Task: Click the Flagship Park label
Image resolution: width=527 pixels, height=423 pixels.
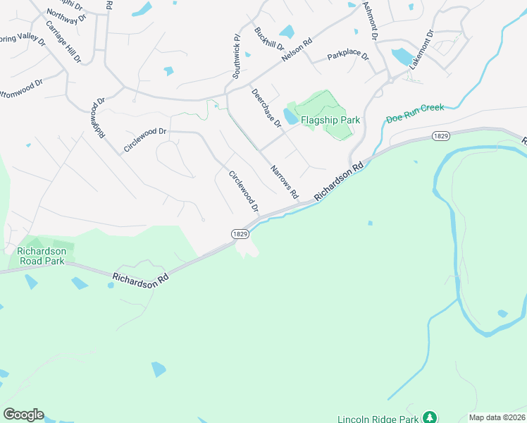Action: [x=330, y=120]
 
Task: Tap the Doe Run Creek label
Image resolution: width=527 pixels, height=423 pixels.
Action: [x=415, y=113]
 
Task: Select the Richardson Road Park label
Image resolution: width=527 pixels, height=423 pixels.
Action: [x=42, y=256]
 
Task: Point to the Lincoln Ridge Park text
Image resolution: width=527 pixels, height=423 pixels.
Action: [x=377, y=417]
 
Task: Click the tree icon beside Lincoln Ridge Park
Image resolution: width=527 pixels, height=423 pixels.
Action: [x=427, y=417]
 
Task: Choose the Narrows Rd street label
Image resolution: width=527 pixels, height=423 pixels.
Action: [x=285, y=181]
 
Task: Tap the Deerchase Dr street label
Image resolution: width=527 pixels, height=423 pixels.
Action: [x=266, y=108]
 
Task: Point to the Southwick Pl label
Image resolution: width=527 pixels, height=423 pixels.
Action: [x=237, y=54]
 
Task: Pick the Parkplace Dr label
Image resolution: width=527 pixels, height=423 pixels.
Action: [x=348, y=56]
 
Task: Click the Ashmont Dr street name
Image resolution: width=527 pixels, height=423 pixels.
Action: [x=371, y=19]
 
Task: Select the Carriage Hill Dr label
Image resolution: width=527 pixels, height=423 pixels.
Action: [x=61, y=41]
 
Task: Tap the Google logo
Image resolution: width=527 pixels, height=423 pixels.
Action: [x=23, y=415]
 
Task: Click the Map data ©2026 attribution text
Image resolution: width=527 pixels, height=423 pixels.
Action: [x=497, y=417]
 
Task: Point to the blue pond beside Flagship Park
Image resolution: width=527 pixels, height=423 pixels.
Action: [x=290, y=116]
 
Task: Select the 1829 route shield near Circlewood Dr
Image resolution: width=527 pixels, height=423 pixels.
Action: [x=240, y=233]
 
